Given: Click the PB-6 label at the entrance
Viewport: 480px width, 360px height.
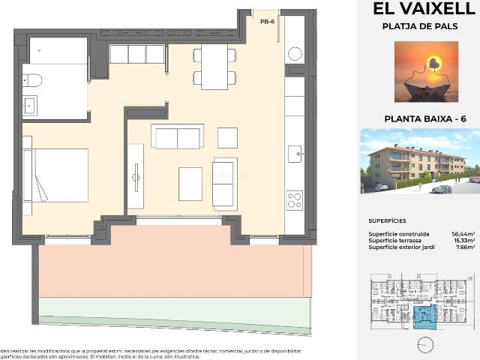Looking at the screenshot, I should [x=265, y=22].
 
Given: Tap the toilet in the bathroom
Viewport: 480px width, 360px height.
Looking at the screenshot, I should [x=31, y=79].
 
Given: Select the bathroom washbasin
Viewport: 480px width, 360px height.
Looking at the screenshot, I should [x=31, y=106].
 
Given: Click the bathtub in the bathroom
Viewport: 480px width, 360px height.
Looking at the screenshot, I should [x=58, y=51].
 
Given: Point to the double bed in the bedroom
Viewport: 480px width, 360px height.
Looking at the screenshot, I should [x=57, y=175].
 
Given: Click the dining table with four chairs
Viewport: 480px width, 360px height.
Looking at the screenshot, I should [x=214, y=66].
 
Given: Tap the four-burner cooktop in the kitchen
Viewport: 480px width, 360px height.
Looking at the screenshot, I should [x=294, y=200].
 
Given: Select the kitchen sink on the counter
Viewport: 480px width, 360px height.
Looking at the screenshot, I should [x=295, y=154].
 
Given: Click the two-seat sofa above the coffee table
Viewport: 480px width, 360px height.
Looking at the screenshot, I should [x=177, y=137].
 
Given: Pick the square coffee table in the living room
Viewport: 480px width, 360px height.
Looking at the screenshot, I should [x=190, y=184].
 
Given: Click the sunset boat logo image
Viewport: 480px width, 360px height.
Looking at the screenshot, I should [x=426, y=71].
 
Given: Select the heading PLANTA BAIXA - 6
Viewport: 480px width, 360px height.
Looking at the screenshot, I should [x=425, y=118].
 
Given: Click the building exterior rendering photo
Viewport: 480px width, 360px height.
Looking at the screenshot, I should [x=420, y=160].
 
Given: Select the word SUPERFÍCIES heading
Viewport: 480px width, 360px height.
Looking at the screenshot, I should [x=387, y=222].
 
